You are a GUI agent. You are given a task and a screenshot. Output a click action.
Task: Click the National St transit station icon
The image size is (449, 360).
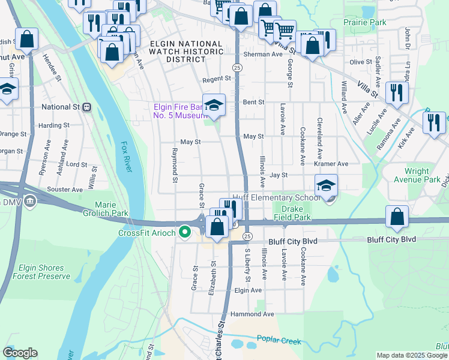[x=86, y=107]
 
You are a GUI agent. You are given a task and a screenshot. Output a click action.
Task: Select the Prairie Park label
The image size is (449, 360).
[x=364, y=22]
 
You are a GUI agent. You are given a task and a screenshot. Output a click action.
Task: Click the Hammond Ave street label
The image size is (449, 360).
[x=256, y=314]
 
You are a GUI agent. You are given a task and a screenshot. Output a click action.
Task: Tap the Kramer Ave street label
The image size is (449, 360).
[x=334, y=164]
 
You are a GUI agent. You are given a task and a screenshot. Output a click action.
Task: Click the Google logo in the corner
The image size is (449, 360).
[x=20, y=353]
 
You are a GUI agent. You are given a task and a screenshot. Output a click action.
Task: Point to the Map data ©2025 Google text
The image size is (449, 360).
[x=411, y=355]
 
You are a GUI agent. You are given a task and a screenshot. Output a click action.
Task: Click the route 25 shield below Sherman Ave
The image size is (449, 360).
[x=237, y=68]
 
